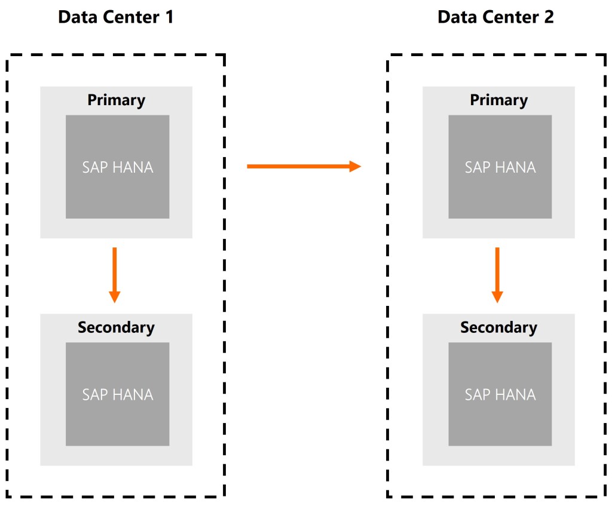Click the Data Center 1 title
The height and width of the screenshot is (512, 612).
(115, 17)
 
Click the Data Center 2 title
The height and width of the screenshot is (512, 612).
(495, 17)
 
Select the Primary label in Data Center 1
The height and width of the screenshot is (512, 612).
(116, 100)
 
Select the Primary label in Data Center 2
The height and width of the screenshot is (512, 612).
(498, 100)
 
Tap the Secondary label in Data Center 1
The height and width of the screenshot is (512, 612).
(116, 327)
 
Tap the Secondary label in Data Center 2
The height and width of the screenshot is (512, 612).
(498, 327)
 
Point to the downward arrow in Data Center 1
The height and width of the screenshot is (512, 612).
(114, 275)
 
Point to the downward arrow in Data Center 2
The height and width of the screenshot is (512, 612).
(497, 275)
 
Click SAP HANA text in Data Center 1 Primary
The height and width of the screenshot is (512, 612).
(118, 167)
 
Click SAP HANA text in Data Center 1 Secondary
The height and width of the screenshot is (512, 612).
(118, 395)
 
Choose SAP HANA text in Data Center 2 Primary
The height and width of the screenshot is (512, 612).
(500, 167)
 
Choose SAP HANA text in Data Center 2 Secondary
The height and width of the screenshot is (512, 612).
(500, 395)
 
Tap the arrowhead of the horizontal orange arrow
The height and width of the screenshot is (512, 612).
(355, 166)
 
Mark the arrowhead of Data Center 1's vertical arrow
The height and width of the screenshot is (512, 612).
(114, 296)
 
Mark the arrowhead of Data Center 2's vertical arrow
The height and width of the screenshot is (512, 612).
(497, 296)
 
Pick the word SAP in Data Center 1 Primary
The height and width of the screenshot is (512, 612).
(94, 167)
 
